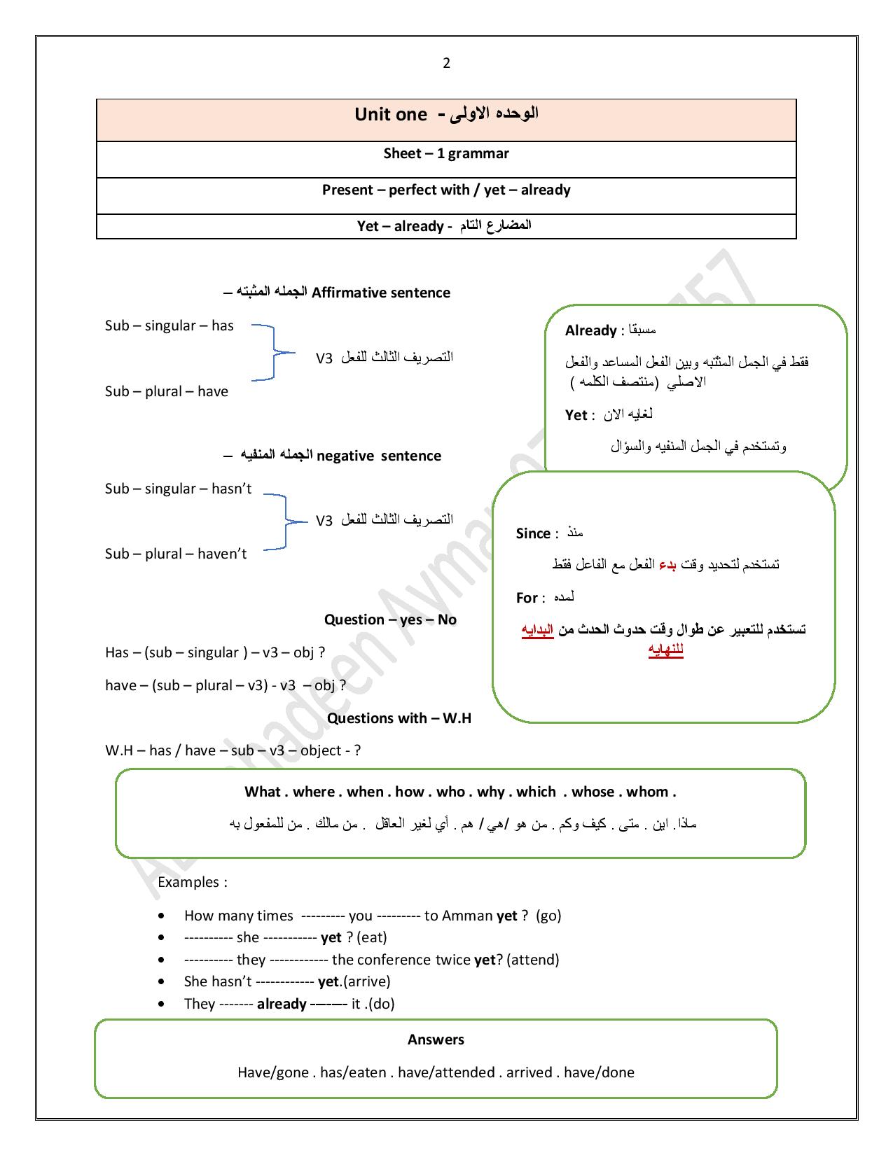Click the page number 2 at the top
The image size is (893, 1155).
click(x=446, y=64)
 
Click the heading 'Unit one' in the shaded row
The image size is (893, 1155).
click(x=390, y=115)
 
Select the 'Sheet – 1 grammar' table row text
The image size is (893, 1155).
click(x=446, y=153)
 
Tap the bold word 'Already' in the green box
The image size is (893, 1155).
click(x=590, y=330)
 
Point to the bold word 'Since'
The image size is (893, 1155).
click(x=533, y=533)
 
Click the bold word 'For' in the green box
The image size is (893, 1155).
click(x=527, y=598)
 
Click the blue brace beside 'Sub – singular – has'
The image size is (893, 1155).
click(x=272, y=353)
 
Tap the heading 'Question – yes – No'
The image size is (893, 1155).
click(x=390, y=619)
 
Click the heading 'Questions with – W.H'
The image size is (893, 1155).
click(x=399, y=718)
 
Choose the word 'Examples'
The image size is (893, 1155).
click(x=188, y=882)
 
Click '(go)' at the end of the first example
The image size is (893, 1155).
click(x=548, y=916)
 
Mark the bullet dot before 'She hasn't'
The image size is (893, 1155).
click(x=162, y=981)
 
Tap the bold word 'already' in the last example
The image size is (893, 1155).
click(x=282, y=1004)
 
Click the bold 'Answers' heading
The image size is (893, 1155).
click(x=436, y=1039)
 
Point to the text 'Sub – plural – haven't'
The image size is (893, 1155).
click(x=176, y=554)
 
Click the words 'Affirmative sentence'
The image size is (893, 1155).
click(x=381, y=293)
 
